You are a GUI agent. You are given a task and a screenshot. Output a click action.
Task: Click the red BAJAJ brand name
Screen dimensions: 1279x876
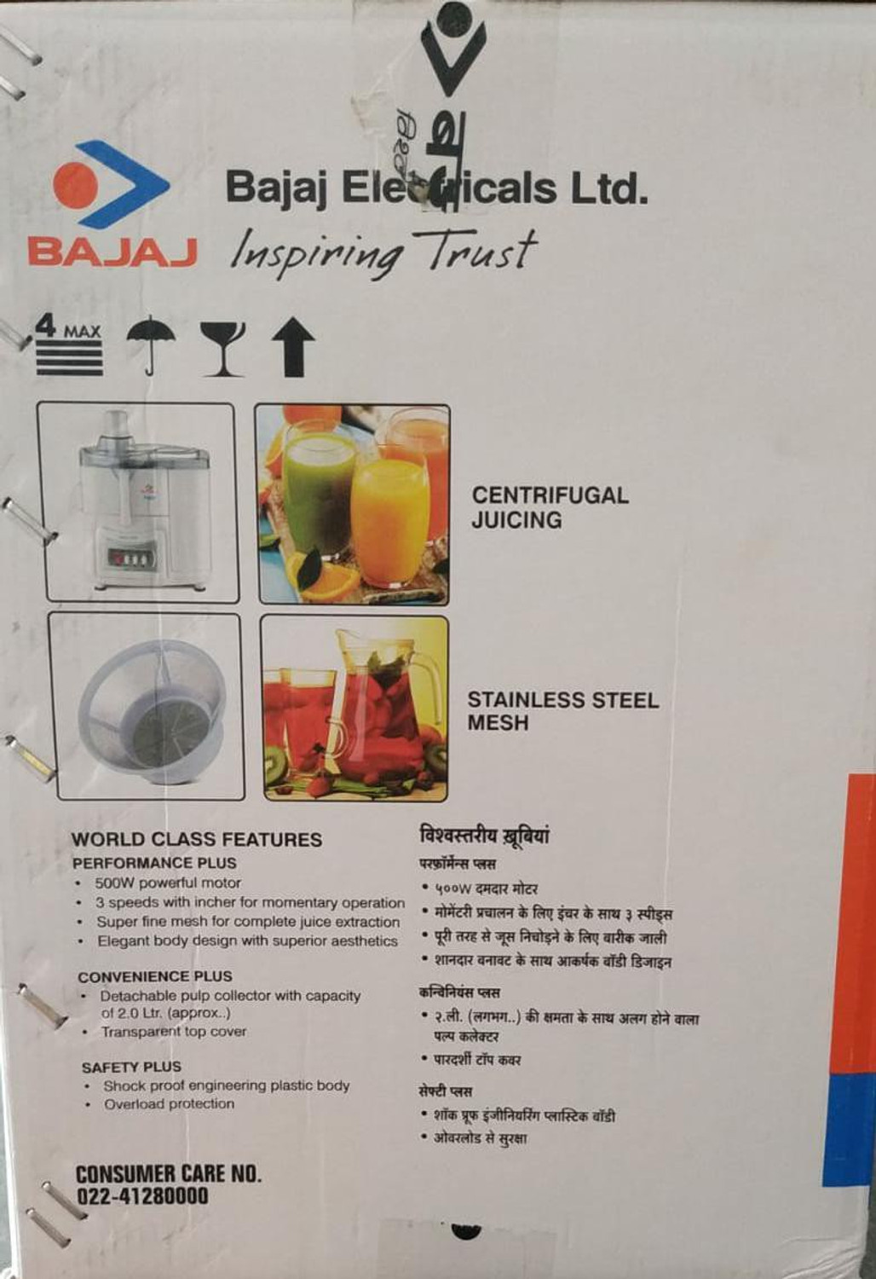click(x=112, y=251)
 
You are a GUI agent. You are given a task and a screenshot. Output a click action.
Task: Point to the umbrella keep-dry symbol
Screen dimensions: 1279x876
click(x=151, y=344)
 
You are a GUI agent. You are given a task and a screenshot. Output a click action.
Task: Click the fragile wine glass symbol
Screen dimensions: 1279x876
click(x=222, y=348)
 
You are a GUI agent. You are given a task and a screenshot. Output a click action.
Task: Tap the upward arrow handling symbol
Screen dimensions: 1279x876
click(x=292, y=347)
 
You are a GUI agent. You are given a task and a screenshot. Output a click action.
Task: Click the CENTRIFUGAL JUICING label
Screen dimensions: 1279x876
click(x=550, y=507)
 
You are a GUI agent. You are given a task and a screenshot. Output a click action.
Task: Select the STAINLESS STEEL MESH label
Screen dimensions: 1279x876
click(x=562, y=711)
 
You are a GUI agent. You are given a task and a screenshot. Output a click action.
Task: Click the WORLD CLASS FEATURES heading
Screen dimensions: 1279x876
click(x=197, y=839)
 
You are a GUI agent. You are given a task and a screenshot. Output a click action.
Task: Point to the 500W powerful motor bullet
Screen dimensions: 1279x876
click(x=168, y=883)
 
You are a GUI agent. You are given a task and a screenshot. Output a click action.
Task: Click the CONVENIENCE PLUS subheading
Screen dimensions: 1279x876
click(x=155, y=976)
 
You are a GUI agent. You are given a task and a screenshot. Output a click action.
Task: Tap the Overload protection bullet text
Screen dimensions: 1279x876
click(x=169, y=1103)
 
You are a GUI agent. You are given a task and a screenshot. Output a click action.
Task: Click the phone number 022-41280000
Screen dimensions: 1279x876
click(x=142, y=1195)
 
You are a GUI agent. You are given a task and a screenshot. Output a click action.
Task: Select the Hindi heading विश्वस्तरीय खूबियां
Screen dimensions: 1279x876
click(x=484, y=836)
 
